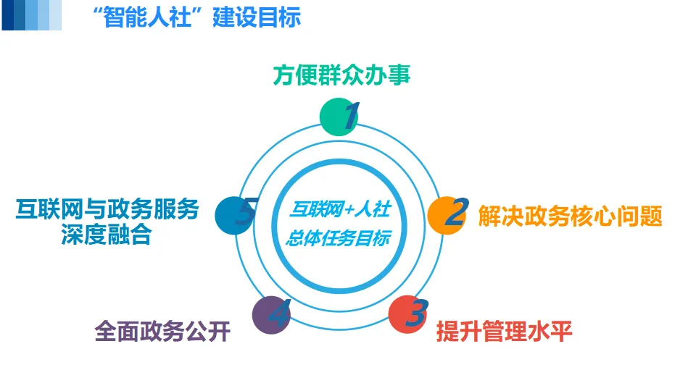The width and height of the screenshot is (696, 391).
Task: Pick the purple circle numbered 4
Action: pos(270,315)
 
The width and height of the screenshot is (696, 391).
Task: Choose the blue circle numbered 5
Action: pos(234,215)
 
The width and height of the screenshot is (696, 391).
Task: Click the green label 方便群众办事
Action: pos(341,75)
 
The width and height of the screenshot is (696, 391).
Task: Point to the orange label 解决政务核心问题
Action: pos(570,216)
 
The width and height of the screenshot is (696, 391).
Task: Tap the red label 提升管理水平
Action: pos(505,332)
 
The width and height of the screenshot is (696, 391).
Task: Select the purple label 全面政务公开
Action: pos(162,332)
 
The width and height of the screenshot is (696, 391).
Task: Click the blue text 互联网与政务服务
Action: pos(107,209)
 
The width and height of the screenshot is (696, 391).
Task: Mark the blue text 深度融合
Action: pos(106,235)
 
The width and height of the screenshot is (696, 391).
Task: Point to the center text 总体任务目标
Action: pos(339,238)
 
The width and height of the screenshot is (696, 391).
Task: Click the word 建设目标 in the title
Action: pos(257,17)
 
